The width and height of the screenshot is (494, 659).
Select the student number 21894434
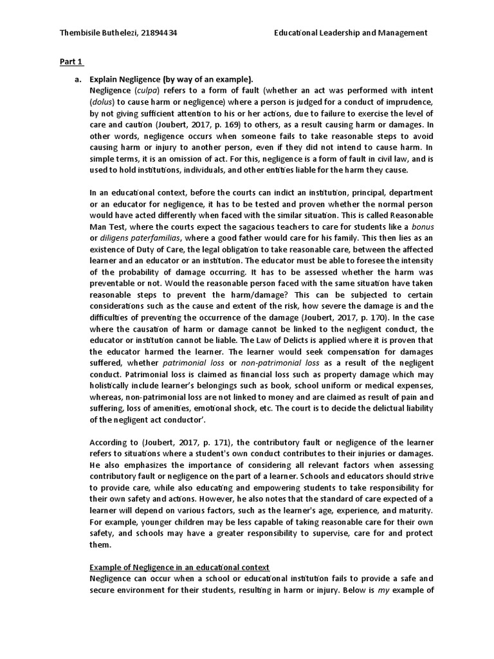(x=158, y=33)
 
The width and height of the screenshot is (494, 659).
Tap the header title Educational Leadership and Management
(x=350, y=33)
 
